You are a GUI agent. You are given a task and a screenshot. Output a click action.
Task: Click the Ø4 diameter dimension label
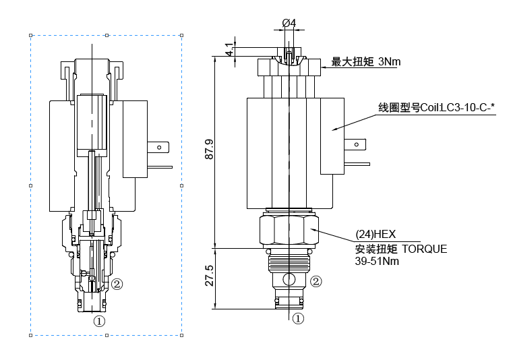289,23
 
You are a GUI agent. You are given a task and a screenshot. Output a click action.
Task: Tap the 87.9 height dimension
209,149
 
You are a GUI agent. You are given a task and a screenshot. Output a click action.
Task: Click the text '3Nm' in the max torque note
390,62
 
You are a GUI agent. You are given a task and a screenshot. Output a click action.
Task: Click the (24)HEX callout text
376,235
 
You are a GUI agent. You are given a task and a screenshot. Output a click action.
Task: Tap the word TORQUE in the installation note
424,249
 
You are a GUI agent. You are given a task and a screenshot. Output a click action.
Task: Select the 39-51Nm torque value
377,262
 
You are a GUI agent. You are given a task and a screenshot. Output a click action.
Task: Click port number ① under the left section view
100,321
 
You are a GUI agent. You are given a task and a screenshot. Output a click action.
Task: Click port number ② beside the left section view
117,284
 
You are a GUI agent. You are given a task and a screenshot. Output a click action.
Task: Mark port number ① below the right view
297,318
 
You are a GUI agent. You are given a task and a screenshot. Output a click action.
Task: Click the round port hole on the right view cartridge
289,279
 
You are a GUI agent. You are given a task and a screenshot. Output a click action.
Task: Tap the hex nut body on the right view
289,231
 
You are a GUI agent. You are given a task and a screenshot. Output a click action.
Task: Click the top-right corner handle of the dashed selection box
182,35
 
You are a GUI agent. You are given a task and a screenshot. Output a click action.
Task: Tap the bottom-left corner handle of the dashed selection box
31,335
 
